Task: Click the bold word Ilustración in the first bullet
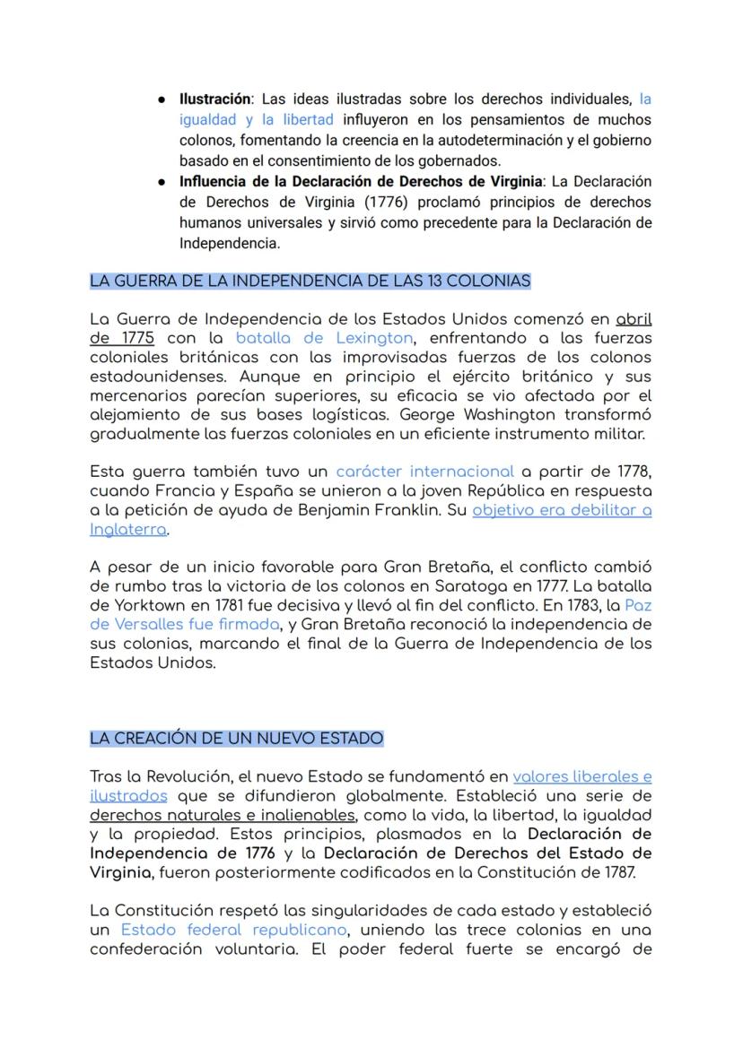click(215, 100)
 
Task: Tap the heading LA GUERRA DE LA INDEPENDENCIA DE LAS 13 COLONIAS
click(310, 281)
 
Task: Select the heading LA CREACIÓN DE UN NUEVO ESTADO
click(236, 739)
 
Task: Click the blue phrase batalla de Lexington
click(324, 339)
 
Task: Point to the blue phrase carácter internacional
click(424, 472)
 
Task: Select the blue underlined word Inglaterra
click(128, 530)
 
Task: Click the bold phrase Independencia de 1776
click(182, 853)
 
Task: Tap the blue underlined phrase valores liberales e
click(582, 777)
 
